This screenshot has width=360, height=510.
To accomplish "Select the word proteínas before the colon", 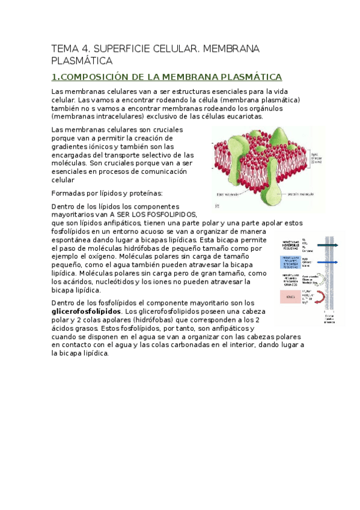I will coord(144,193).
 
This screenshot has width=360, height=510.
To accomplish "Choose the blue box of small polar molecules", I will coord(290,262).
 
